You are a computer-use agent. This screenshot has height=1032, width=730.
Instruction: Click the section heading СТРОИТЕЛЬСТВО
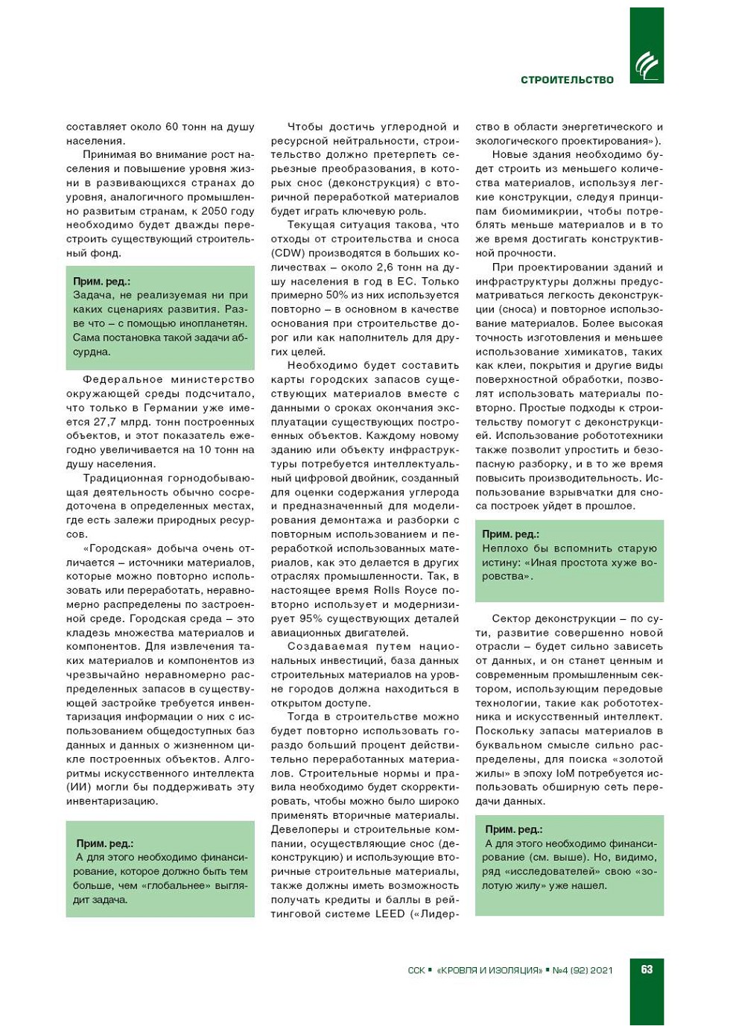[x=567, y=80]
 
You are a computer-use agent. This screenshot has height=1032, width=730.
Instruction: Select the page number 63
[x=647, y=969]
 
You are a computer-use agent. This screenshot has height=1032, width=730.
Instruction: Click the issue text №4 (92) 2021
[x=583, y=970]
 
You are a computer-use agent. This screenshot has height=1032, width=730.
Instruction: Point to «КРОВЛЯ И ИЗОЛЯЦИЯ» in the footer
[x=489, y=970]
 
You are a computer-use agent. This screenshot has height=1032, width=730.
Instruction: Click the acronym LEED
[x=390, y=914]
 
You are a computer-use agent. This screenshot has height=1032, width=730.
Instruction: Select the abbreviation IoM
[x=565, y=773]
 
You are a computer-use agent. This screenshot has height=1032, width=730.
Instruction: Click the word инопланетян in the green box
[x=216, y=323]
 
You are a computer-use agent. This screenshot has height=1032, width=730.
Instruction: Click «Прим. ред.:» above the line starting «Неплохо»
[x=510, y=534]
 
